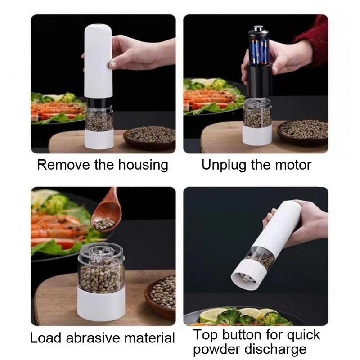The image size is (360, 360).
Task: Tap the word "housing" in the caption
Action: pyautogui.click(x=143, y=165)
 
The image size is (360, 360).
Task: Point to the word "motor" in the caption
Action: pyautogui.click(x=293, y=165)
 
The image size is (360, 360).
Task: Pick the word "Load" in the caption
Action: pyautogui.click(x=45, y=338)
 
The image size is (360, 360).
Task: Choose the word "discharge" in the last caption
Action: pyautogui.click(x=275, y=350)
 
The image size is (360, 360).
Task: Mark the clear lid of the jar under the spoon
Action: pyautogui.click(x=101, y=252)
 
